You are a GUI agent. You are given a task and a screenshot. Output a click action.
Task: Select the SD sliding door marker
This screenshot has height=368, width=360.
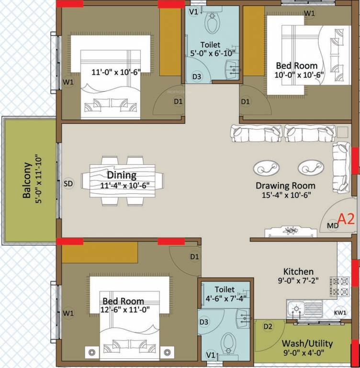68,183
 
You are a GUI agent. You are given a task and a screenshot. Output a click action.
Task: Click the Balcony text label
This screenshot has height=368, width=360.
27,181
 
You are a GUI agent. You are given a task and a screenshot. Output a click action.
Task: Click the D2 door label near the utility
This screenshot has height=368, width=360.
268,327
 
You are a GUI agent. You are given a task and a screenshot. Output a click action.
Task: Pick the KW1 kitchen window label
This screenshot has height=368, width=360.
340,313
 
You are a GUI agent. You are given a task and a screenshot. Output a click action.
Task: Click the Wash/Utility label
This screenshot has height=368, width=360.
307,344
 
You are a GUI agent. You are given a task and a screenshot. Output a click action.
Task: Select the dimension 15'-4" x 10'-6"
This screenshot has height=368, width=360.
285,195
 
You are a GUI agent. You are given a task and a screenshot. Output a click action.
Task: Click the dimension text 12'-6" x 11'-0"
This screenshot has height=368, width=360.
123,310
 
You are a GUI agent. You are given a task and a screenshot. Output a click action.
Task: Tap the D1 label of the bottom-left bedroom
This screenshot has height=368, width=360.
194,257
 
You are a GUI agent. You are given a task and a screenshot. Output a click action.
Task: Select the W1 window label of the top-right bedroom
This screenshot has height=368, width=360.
310,13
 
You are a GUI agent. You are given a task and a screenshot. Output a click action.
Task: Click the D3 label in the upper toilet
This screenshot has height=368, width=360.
197,76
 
